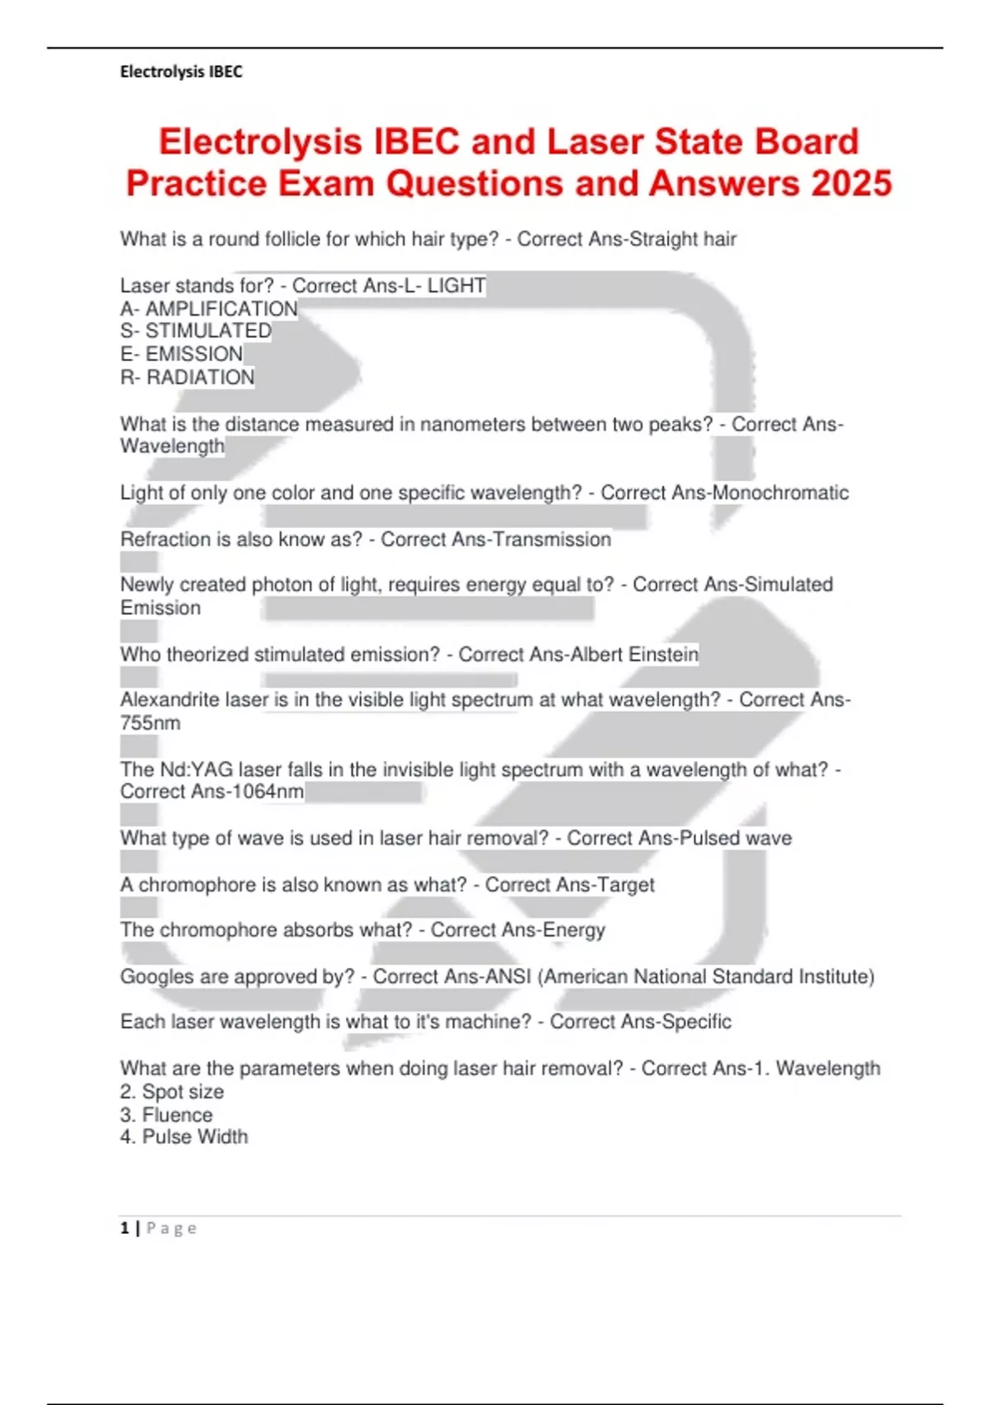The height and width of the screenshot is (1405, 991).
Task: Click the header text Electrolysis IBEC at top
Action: pyautogui.click(x=181, y=72)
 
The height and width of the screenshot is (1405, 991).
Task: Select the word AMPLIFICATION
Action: pyautogui.click(x=221, y=309)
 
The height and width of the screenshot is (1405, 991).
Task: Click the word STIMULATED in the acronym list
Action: pyautogui.click(x=208, y=331)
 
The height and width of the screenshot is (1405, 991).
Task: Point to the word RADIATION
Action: pyautogui.click(x=201, y=378)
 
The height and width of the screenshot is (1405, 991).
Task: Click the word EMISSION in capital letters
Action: pyautogui.click(x=194, y=355)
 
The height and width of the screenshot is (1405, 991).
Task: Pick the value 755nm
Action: pyautogui.click(x=150, y=723)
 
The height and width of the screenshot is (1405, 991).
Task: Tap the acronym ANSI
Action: pyautogui.click(x=508, y=977)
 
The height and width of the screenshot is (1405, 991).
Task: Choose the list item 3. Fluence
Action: pyautogui.click(x=166, y=1116)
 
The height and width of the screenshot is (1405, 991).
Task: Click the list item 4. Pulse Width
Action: pyautogui.click(x=184, y=1137)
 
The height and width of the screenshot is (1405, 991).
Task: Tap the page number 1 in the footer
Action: pyautogui.click(x=125, y=1229)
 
